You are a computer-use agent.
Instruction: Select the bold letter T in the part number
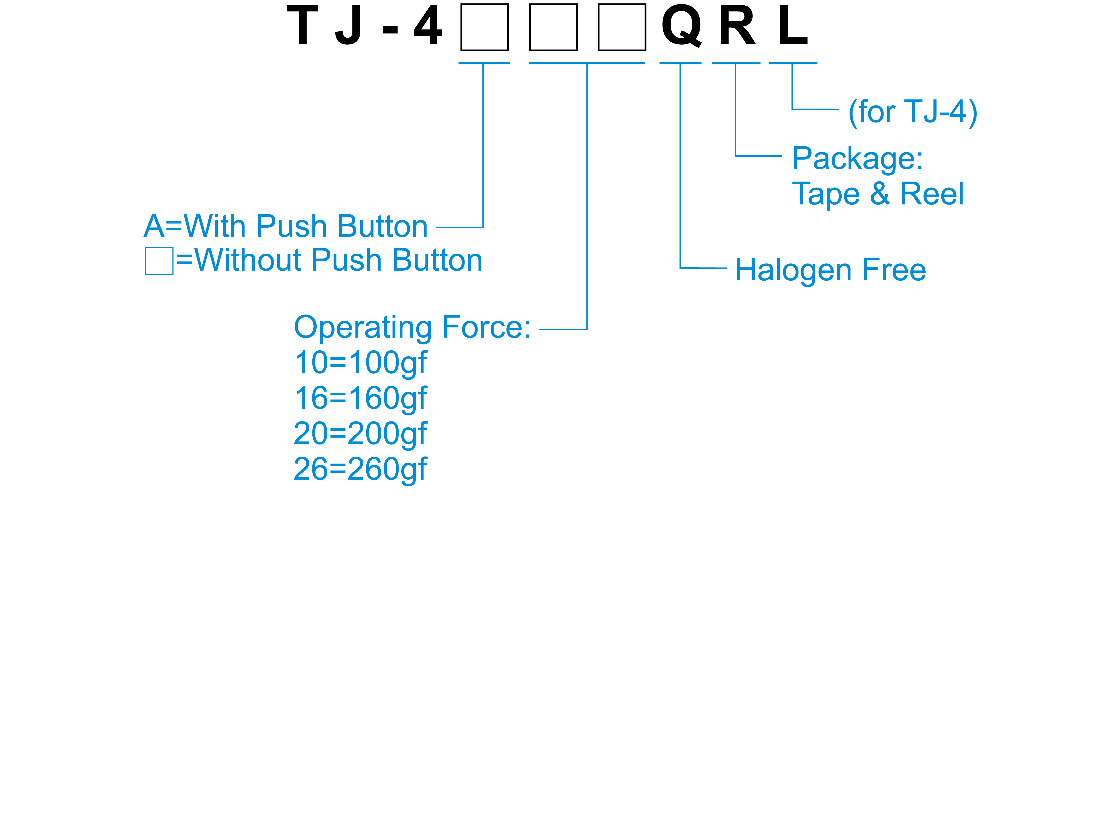pos(302,26)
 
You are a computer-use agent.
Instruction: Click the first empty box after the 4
pos(484,27)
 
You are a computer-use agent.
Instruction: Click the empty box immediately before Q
pos(622,27)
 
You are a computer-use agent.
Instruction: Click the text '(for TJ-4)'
pos(912,112)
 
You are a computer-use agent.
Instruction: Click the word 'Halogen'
pos(793,271)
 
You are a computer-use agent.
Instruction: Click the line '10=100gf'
pos(360,363)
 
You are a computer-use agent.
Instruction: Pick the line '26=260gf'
pos(360,469)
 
